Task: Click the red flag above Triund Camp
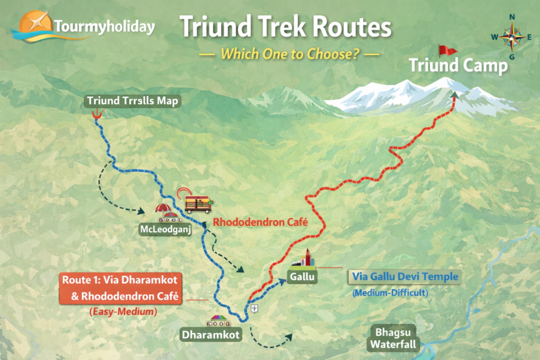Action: [x=448, y=51]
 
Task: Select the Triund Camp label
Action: [x=459, y=66]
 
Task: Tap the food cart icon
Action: [x=198, y=203]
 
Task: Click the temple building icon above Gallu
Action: [x=305, y=259]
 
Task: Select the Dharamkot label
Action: [x=210, y=334]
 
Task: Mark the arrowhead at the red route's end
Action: [x=454, y=95]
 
